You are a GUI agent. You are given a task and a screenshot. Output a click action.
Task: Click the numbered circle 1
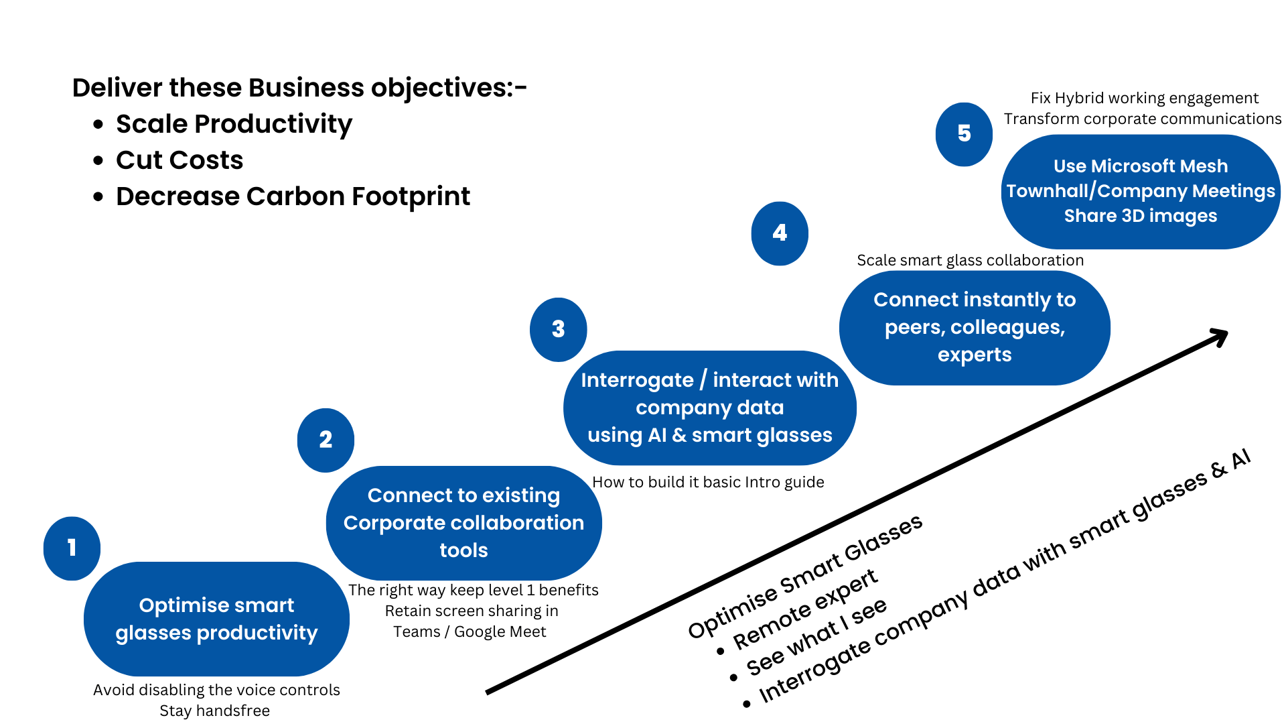point(72,548)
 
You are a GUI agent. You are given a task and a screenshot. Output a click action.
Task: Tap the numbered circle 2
point(326,440)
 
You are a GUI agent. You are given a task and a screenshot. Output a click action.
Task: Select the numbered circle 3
point(558,329)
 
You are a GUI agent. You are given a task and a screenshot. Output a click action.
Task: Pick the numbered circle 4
point(780,233)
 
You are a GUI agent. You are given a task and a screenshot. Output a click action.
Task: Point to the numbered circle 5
point(964,134)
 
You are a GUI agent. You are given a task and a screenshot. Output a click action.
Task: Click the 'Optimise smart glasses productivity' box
point(216,619)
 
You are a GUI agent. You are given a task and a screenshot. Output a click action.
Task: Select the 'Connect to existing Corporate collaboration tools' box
point(463,523)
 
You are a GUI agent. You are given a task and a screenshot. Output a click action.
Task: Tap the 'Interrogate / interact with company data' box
point(709,408)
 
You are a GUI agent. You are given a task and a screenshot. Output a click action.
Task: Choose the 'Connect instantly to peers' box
point(974,327)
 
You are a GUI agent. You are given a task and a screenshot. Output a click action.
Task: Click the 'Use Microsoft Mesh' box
point(1140,191)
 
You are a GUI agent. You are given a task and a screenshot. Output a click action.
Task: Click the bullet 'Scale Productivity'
point(234,124)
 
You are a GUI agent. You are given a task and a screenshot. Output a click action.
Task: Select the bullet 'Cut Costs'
point(180,160)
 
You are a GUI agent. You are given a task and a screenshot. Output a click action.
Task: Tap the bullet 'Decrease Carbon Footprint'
point(293,196)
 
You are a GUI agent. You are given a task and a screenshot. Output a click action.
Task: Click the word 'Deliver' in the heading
point(117,88)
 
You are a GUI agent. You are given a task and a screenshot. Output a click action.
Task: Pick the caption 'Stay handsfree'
point(214,711)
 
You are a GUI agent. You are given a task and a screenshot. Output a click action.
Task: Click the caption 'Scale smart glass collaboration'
point(970,260)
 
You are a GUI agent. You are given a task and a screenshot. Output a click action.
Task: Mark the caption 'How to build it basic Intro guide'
point(708,482)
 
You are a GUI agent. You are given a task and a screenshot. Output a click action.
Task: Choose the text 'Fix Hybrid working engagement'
point(1144,98)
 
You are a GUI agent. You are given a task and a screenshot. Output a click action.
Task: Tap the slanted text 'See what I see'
point(817,637)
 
